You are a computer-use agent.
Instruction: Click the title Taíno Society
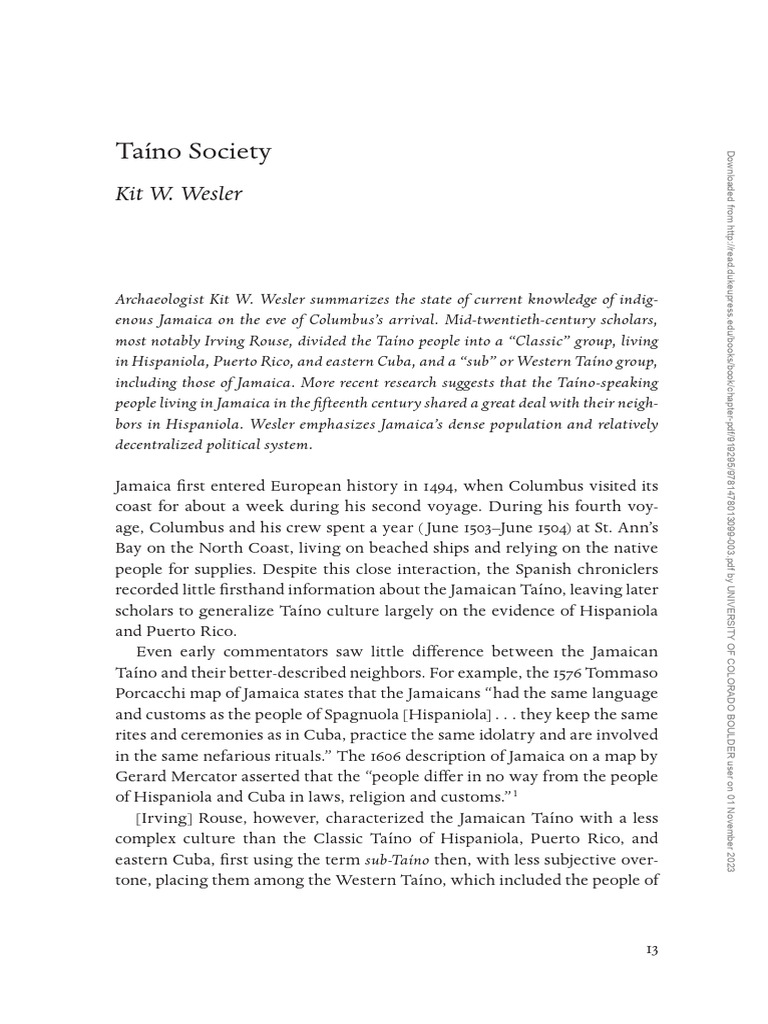[194, 152]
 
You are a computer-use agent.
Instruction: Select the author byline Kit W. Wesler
[180, 193]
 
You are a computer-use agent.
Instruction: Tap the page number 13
[651, 948]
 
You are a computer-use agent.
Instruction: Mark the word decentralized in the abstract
[170, 445]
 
